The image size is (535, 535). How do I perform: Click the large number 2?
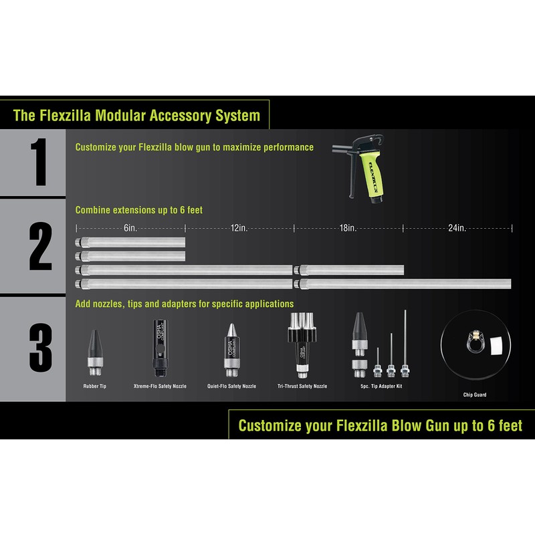tap(41, 247)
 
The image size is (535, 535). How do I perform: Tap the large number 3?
tap(41, 346)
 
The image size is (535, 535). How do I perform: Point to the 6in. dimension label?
tap(130, 228)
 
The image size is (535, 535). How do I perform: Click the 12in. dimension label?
tap(239, 228)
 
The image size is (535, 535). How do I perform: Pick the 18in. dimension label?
tap(348, 228)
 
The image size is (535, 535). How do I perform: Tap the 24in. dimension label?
tap(457, 228)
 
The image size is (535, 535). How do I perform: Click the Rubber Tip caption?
tap(94, 387)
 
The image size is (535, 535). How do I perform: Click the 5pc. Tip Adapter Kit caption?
tap(381, 387)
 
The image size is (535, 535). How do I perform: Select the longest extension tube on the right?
tap(406, 284)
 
